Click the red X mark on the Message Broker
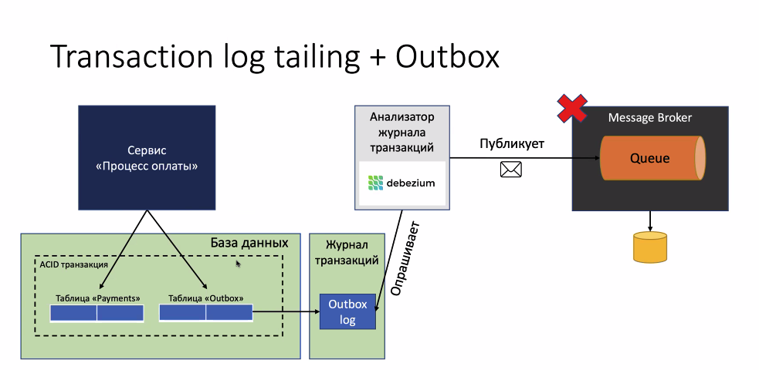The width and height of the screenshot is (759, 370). click(x=572, y=108)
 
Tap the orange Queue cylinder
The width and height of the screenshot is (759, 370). click(x=652, y=159)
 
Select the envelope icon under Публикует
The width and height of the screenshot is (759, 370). click(x=510, y=170)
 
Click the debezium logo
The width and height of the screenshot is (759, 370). click(x=402, y=183)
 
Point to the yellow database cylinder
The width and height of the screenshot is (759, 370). click(x=650, y=247)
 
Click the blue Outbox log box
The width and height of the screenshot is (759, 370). click(x=347, y=311)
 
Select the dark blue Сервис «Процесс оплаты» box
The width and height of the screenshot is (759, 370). click(x=147, y=158)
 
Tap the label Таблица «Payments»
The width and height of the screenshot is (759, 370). click(x=98, y=298)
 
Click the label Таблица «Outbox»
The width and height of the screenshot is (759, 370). click(x=205, y=298)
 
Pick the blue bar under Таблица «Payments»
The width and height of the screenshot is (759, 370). click(x=97, y=313)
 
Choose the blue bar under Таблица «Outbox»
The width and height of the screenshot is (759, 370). click(x=205, y=312)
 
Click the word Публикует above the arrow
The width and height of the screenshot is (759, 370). click(x=512, y=144)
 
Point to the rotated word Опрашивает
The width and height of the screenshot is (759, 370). click(x=405, y=258)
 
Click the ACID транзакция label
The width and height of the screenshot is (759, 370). click(x=73, y=264)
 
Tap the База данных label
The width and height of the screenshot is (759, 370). click(x=249, y=243)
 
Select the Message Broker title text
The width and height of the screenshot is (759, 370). click(x=650, y=117)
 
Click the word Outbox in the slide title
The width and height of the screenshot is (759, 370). click(x=447, y=56)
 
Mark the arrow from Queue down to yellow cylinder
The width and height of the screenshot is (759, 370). click(x=650, y=221)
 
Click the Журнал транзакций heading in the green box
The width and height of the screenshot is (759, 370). click(x=347, y=253)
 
